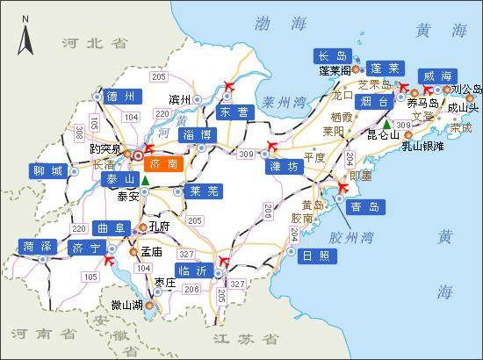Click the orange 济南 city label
164,164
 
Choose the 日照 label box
314,256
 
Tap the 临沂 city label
193,270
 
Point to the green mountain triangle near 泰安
145,182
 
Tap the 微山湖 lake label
128,306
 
